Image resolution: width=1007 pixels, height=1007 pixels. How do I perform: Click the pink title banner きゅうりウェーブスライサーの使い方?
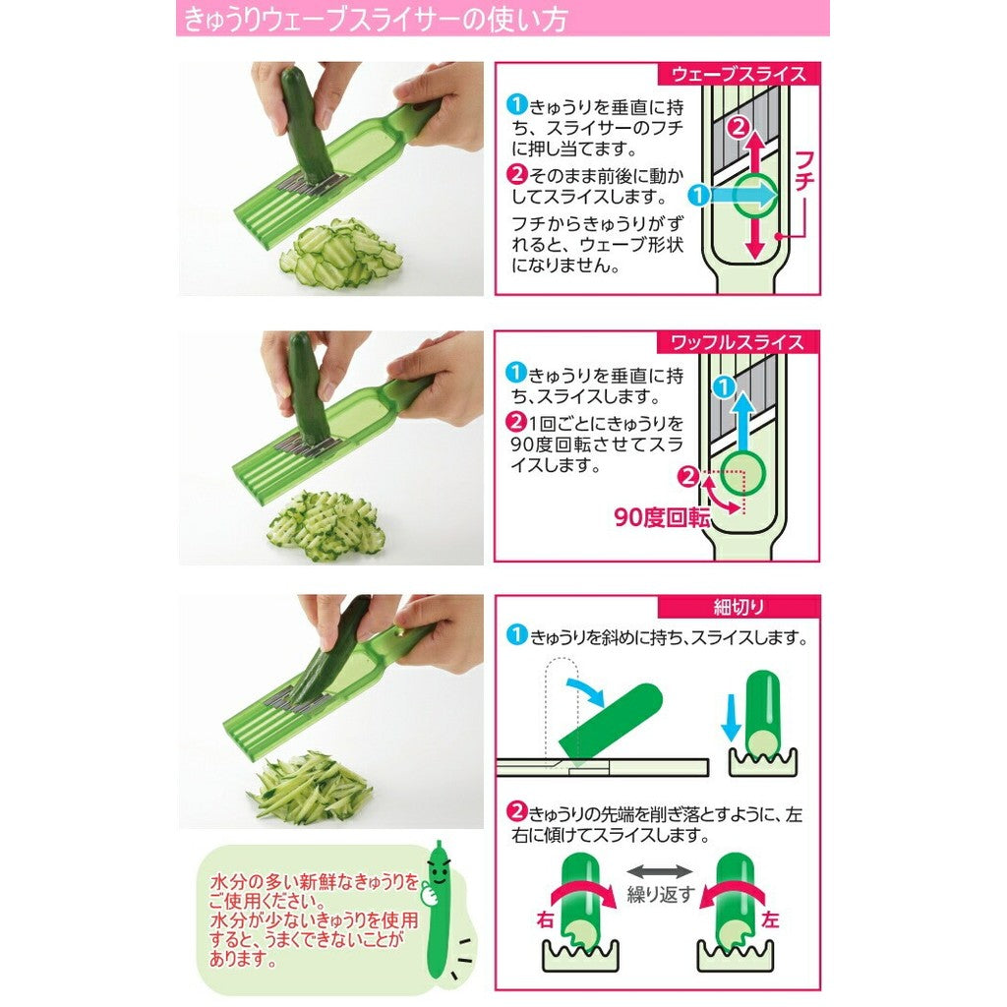pyautogui.click(x=502, y=19)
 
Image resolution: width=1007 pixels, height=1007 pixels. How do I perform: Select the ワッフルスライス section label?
pyautogui.click(x=738, y=342)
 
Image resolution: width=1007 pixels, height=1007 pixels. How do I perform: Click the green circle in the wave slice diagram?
pyautogui.click(x=753, y=195)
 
